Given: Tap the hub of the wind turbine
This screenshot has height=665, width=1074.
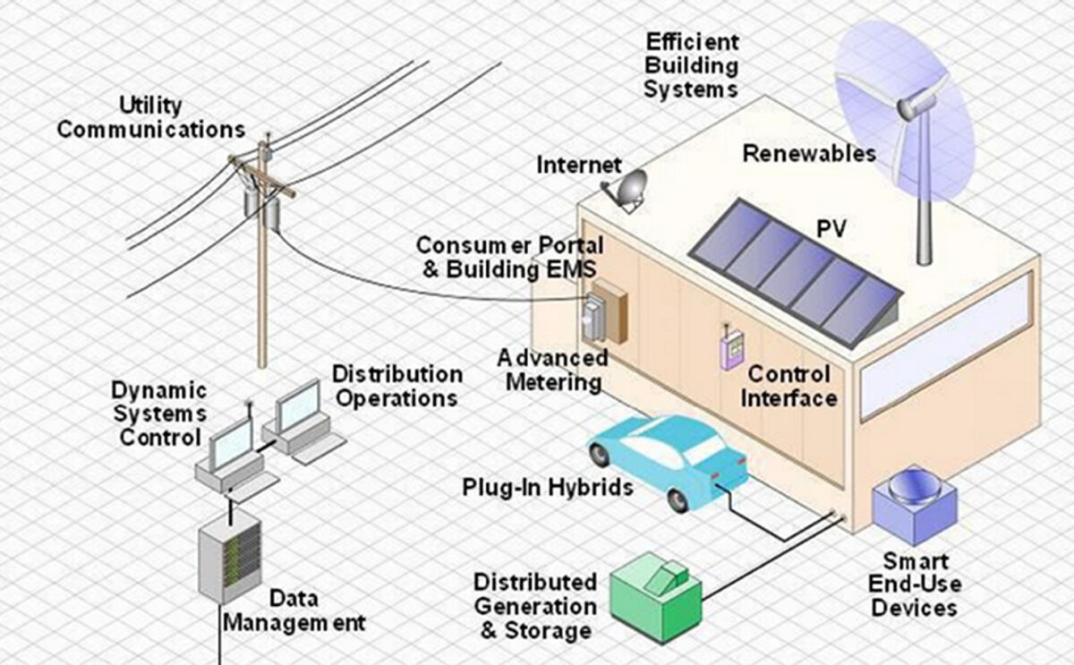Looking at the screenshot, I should point(907,108).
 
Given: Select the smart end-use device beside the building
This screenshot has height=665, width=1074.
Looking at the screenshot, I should point(915,506).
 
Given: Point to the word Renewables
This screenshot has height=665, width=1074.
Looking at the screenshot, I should point(809,154).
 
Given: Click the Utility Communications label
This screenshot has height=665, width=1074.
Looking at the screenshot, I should point(150,117).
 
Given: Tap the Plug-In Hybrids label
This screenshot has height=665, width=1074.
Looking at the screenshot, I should point(548,488).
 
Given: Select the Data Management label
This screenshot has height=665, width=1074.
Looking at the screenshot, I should point(294,610).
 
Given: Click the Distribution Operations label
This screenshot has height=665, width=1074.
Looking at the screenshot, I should point(396,385).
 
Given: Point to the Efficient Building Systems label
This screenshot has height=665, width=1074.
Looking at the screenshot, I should point(691,65).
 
